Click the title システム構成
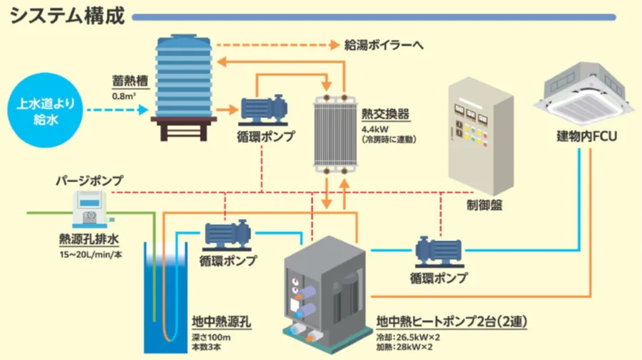tap(68, 16)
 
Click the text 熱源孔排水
tap(88, 239)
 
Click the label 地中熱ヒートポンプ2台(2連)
tap(451, 322)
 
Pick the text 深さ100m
tap(211, 337)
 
